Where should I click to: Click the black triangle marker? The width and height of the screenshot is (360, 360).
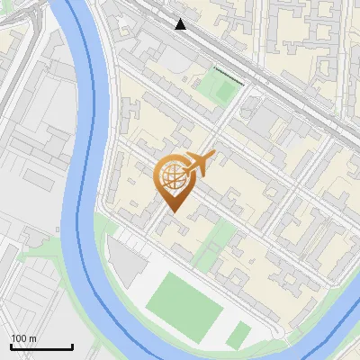click(181, 24)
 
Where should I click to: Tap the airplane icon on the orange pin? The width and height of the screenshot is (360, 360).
click(197, 163)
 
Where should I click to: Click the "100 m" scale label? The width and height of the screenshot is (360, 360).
click(24, 338)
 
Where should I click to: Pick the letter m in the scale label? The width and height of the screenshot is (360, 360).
click(32, 338)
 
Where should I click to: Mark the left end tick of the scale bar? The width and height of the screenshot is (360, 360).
click(11, 346)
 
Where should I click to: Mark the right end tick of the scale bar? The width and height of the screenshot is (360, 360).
click(72, 346)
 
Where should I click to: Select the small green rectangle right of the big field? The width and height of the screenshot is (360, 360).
click(238, 336)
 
